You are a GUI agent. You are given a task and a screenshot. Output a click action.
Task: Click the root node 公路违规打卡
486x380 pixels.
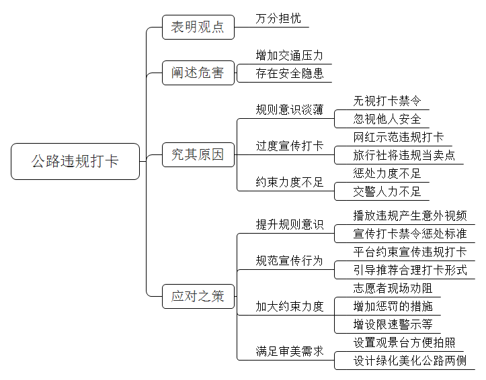click(75, 161)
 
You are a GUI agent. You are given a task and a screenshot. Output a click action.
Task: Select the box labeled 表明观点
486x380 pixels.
click(198, 28)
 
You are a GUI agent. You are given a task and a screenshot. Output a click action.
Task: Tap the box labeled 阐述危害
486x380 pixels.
click(198, 73)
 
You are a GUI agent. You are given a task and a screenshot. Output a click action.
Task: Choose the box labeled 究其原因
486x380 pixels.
click(198, 154)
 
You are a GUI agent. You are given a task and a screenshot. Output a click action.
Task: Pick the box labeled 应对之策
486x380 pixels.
click(198, 297)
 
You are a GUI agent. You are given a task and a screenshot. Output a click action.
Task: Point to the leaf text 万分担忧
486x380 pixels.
click(278, 19)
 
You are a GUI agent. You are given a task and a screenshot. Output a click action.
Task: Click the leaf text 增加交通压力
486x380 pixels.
click(290, 56)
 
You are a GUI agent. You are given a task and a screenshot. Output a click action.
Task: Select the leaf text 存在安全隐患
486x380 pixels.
click(290, 73)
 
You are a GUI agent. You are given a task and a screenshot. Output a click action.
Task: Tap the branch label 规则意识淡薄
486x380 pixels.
click(290, 109)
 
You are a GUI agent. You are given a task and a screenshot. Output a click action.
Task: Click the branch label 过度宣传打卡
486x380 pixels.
click(290, 146)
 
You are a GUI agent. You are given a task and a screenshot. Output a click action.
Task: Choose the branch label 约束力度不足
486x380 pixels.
click(290, 182)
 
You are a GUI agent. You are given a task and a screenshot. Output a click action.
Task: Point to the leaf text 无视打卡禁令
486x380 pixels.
click(387, 101)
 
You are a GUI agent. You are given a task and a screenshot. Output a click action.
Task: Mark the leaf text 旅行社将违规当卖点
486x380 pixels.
click(404, 155)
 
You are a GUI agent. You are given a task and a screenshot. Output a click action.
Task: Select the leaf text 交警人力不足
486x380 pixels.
click(387, 191)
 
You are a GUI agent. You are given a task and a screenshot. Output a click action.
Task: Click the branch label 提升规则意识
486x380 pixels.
click(290, 225)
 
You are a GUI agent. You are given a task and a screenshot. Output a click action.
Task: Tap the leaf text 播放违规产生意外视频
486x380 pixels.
click(410, 216)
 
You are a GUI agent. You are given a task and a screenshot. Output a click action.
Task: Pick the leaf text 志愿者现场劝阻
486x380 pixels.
click(393, 289)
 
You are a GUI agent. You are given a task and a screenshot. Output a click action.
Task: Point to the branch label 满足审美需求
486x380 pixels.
click(290, 351)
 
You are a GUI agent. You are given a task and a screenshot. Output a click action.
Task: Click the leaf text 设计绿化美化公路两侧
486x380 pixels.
click(410, 361)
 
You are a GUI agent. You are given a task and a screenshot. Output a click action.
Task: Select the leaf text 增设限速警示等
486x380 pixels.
click(393, 324)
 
